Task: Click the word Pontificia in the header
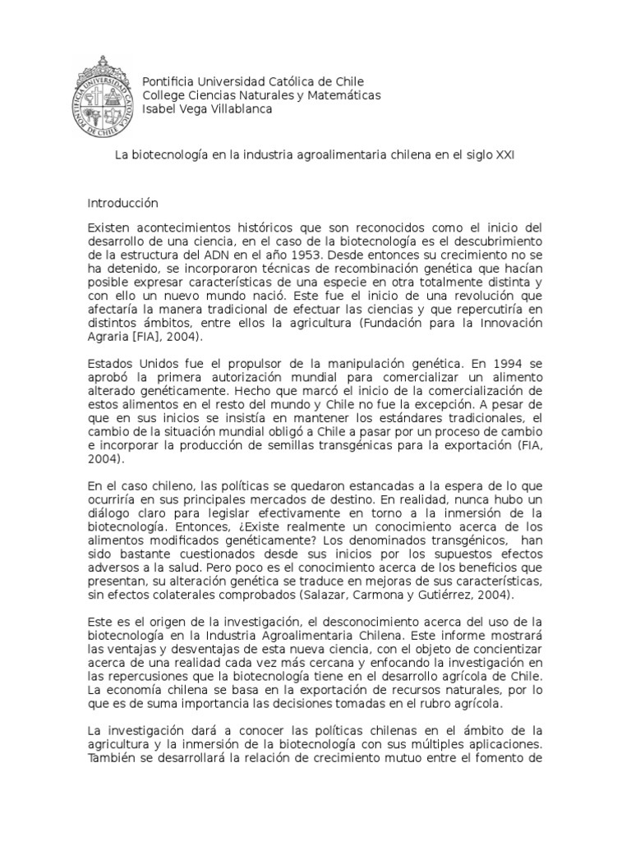click(171, 82)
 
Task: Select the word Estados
click(109, 362)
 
